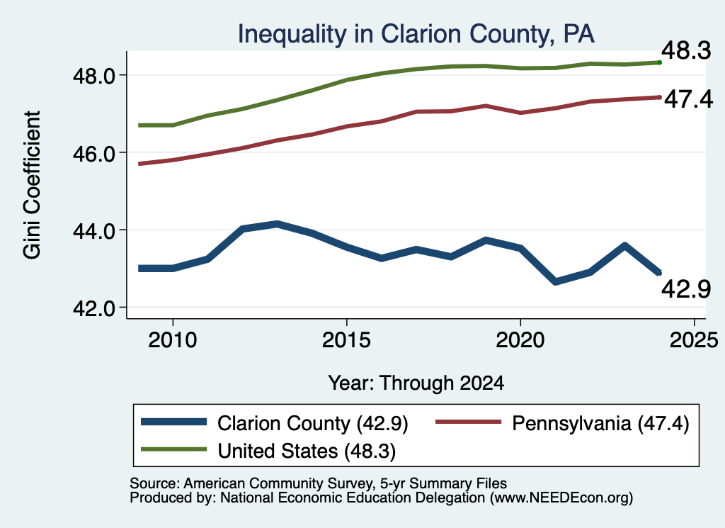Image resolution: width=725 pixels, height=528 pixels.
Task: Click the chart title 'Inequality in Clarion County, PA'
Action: click(416, 34)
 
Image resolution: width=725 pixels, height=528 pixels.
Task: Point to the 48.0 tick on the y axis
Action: click(94, 76)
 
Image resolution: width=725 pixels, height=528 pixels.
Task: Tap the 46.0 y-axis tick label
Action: click(94, 154)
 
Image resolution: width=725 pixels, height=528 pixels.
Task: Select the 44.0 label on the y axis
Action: click(94, 231)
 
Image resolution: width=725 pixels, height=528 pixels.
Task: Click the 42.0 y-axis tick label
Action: click(94, 309)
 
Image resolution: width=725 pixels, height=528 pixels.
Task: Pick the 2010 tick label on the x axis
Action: click(173, 341)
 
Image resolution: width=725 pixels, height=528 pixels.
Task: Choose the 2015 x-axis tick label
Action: click(346, 341)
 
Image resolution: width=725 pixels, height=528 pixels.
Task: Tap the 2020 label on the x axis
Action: click(520, 341)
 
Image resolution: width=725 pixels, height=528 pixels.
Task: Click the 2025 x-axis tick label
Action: click(694, 341)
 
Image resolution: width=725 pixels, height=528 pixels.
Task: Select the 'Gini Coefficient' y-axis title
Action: click(32, 185)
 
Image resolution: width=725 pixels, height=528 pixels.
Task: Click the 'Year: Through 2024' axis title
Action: click(416, 383)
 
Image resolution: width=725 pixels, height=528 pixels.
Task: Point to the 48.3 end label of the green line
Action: click(686, 50)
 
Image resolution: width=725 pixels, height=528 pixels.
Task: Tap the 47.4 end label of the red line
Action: click(688, 99)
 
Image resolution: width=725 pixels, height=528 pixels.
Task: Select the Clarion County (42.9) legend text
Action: click(313, 423)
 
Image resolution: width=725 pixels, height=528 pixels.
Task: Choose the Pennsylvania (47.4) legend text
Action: click(600, 423)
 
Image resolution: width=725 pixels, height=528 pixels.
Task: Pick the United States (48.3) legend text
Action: click(307, 451)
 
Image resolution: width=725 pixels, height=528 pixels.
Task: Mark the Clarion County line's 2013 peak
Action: click(277, 225)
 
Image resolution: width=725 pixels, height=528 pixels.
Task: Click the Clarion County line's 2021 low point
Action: click(555, 281)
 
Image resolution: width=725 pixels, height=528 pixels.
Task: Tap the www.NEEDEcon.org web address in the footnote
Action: click(561, 498)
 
